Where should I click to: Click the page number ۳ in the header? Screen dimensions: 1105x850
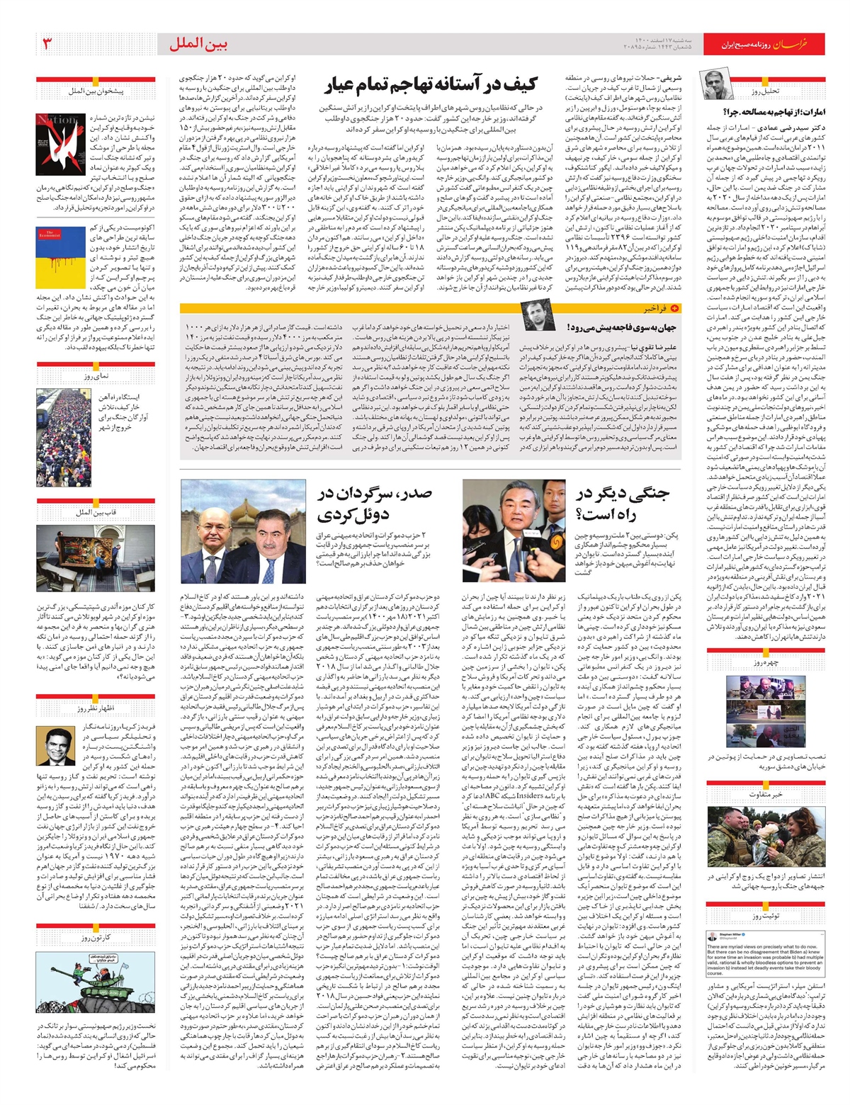(x=47, y=44)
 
